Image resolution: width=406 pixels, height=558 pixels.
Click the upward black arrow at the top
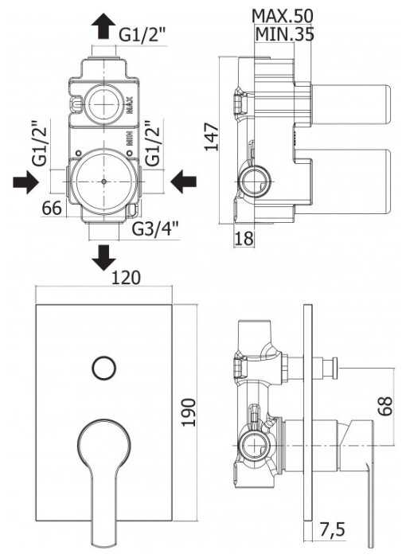[103, 26]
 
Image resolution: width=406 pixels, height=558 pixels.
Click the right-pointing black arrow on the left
[25, 182]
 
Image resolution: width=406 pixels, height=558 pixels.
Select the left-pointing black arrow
[184, 181]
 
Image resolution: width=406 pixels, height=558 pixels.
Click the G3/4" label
[155, 229]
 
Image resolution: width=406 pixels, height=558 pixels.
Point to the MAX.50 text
[283, 16]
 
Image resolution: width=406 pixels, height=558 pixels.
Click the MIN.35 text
[285, 34]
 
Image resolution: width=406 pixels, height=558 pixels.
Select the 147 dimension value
[211, 137]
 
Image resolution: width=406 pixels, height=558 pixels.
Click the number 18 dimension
[244, 238]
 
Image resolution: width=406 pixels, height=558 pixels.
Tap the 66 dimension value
[52, 209]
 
